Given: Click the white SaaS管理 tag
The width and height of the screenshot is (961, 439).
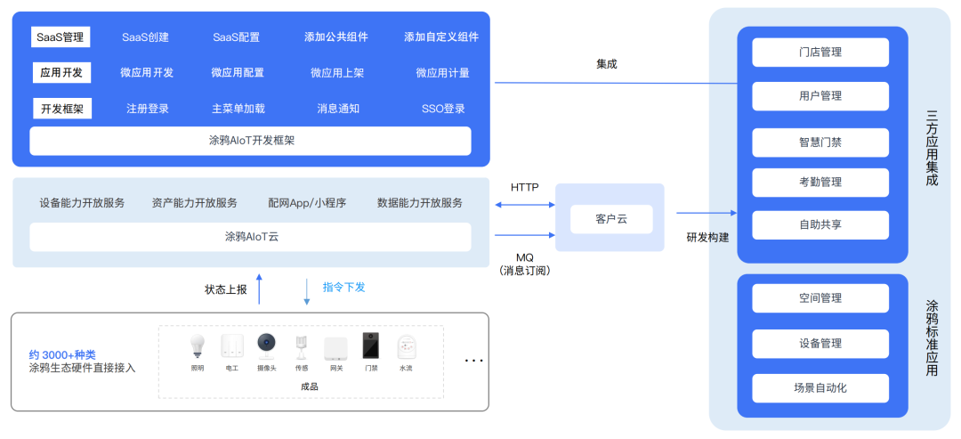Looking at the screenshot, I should pyautogui.click(x=60, y=37).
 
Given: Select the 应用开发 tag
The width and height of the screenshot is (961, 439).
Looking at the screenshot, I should pyautogui.click(x=61, y=73).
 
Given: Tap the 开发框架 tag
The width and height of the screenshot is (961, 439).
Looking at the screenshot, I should pyautogui.click(x=61, y=109).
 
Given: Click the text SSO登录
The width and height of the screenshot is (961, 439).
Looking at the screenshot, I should pyautogui.click(x=443, y=109).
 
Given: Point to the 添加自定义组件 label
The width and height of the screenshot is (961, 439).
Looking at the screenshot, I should pyautogui.click(x=441, y=37).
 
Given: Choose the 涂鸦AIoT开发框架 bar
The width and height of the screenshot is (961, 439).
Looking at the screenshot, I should pyautogui.click(x=250, y=141).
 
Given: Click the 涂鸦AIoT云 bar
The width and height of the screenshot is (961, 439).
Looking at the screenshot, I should pyautogui.click(x=250, y=237).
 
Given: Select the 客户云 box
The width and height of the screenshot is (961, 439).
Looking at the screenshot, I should pyautogui.click(x=610, y=218).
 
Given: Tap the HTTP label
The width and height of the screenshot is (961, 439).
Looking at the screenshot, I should pyautogui.click(x=525, y=188).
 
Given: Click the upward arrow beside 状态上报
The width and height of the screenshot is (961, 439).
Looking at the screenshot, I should pyautogui.click(x=260, y=289).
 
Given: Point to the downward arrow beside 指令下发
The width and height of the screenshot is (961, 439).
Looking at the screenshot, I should pyautogui.click(x=307, y=291).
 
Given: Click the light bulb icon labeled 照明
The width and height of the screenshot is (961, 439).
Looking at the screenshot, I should pyautogui.click(x=198, y=346).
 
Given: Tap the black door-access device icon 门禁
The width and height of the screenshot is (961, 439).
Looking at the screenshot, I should pyautogui.click(x=370, y=346).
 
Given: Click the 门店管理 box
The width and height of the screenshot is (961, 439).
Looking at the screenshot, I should pyautogui.click(x=820, y=53).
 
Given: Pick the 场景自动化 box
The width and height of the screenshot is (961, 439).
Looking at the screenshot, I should pyautogui.click(x=820, y=388).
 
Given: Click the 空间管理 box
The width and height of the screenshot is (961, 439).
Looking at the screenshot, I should pyautogui.click(x=820, y=298).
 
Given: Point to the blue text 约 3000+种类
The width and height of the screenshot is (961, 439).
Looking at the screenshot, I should pyautogui.click(x=62, y=354).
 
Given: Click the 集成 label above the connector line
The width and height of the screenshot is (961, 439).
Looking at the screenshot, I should pyautogui.click(x=606, y=64).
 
